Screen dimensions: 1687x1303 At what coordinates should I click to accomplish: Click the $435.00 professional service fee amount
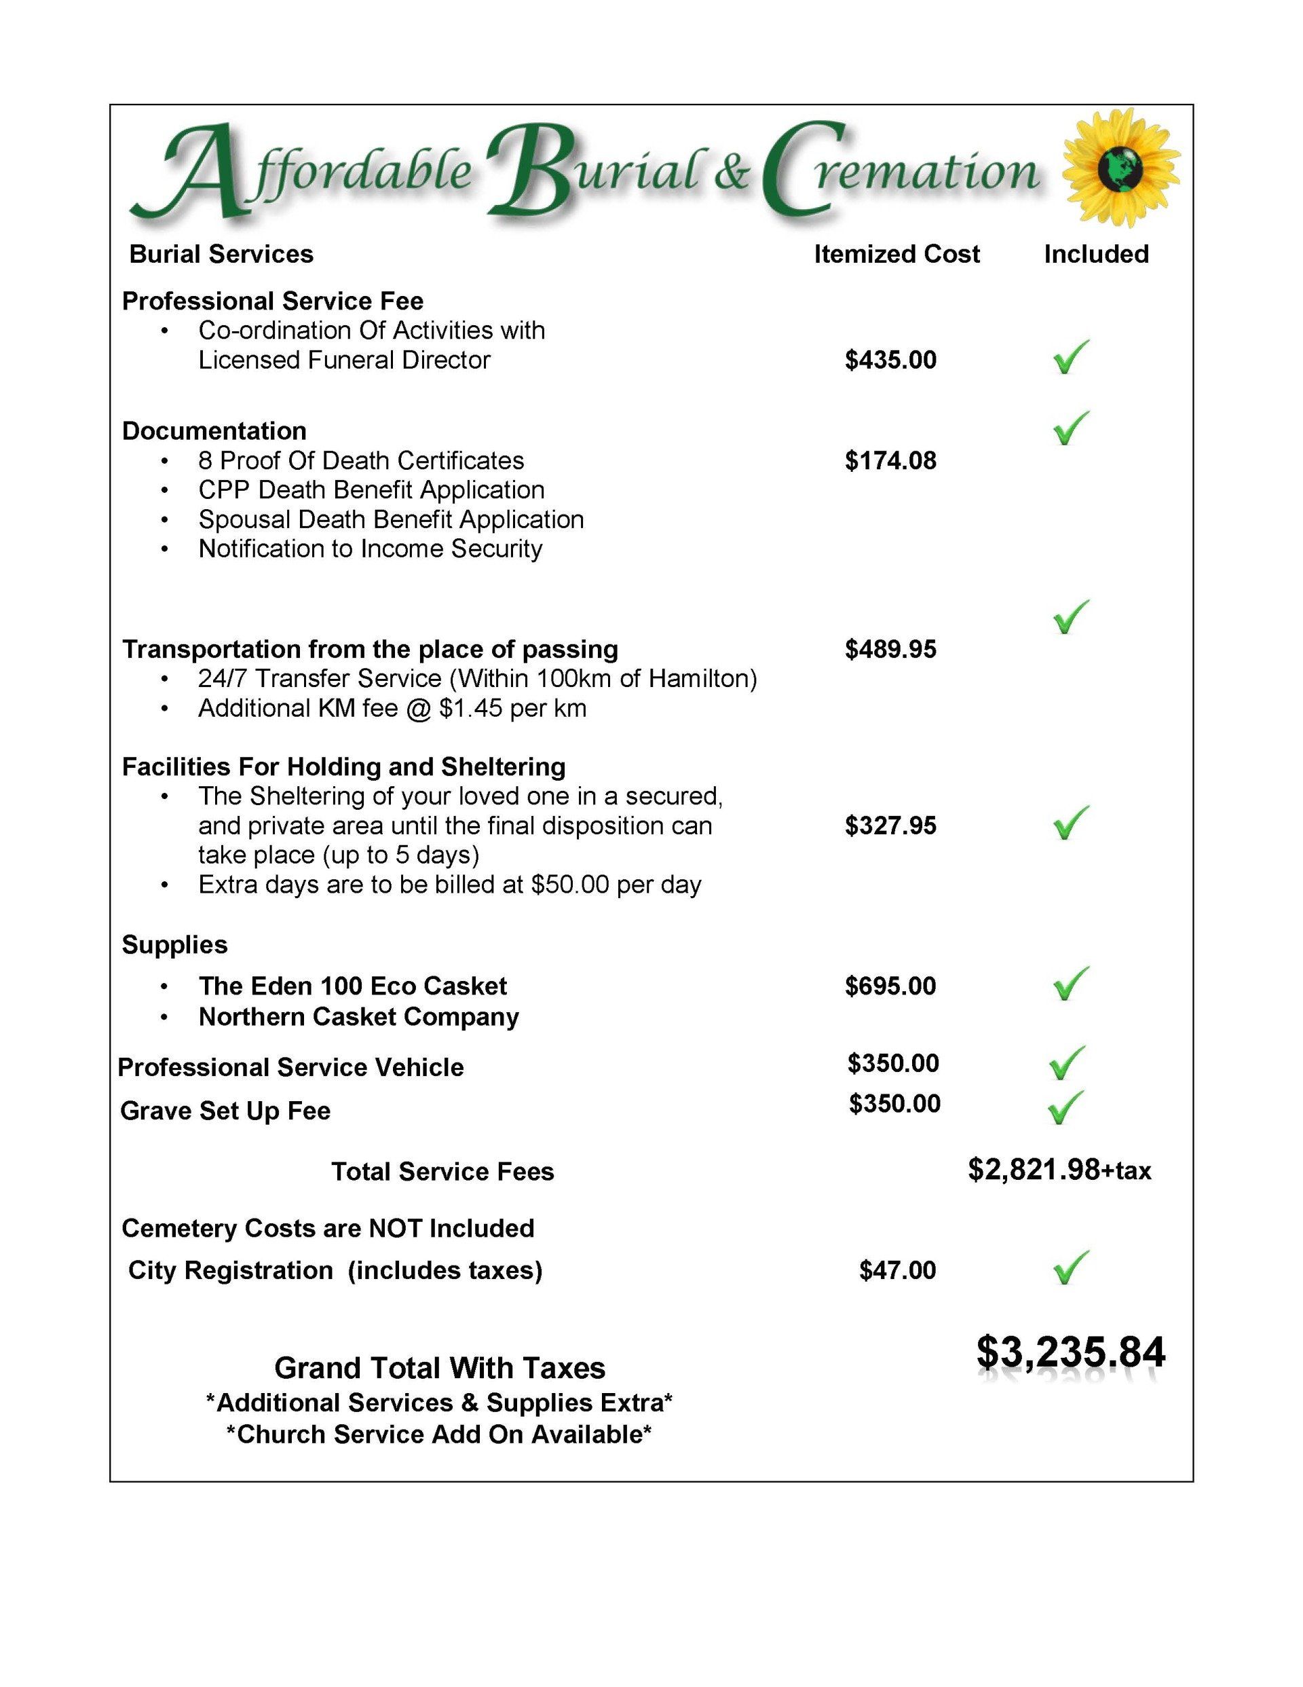[890, 360]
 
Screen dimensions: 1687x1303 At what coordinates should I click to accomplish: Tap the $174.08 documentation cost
[890, 460]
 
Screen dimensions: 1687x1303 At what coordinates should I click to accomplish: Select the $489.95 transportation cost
[890, 650]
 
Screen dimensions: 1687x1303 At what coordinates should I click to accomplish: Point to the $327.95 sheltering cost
[890, 826]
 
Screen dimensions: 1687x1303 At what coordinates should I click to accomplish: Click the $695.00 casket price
[890, 986]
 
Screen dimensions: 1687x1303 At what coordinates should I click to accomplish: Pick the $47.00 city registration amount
[896, 1270]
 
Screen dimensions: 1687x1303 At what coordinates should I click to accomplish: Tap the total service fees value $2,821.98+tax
[1059, 1170]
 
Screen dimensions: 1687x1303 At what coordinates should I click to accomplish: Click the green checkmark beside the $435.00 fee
[1070, 358]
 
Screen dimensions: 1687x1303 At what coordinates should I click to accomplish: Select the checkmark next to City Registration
[1070, 1267]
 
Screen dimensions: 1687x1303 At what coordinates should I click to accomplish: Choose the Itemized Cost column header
[896, 254]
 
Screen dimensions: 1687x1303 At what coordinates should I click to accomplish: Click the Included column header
[1096, 254]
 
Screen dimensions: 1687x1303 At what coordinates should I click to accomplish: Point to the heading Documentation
[214, 431]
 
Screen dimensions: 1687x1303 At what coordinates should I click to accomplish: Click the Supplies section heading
[174, 945]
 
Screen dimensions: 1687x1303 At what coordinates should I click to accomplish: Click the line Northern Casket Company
[358, 1018]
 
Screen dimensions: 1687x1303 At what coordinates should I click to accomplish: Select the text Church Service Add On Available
[438, 1434]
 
